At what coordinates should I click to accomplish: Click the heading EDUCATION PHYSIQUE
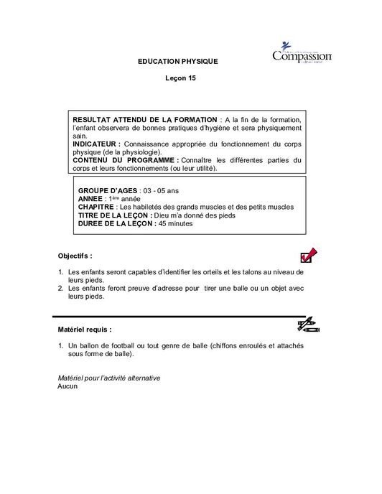tap(177, 62)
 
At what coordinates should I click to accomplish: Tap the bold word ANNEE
tap(90, 198)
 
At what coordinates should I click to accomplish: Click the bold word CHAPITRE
tap(96, 207)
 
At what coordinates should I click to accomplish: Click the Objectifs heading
tap(75, 256)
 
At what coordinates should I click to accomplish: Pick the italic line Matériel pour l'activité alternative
tap(108, 378)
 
